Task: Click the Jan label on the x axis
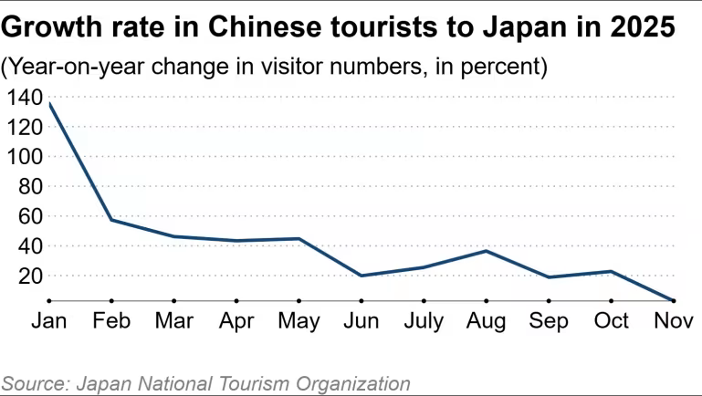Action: pos(49,321)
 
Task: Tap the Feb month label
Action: pos(111,321)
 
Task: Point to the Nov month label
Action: pos(674,321)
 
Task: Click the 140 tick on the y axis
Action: pos(25,97)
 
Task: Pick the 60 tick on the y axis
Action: pos(30,216)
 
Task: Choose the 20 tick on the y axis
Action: pos(30,276)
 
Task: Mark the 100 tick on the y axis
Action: pos(25,157)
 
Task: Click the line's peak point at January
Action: pos(49,103)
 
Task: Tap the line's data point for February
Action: pos(111,220)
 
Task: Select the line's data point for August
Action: pos(487,251)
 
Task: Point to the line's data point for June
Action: pos(361,276)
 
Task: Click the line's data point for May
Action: pos(299,239)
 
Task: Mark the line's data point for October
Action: pos(612,271)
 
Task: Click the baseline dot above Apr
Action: pos(236,299)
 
